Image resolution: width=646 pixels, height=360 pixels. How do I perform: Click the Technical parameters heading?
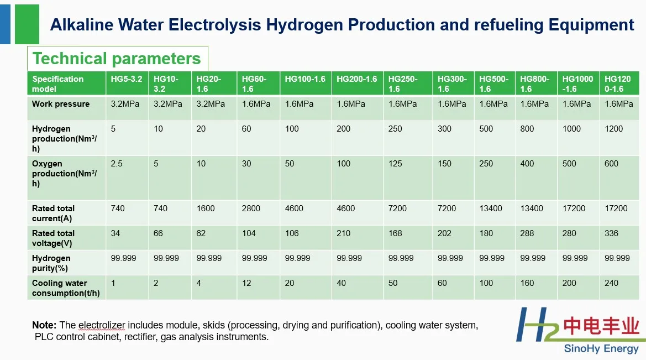click(x=117, y=59)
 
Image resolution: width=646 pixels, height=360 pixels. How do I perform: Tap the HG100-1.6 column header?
click(x=305, y=79)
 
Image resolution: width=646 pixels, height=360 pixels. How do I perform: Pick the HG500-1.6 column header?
click(x=493, y=84)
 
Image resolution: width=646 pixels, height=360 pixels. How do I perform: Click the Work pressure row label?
click(x=61, y=104)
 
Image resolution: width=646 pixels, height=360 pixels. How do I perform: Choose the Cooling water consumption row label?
click(x=66, y=288)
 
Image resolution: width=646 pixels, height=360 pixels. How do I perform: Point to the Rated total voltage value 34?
click(x=115, y=233)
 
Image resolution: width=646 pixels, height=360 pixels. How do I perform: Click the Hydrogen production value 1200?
click(x=614, y=129)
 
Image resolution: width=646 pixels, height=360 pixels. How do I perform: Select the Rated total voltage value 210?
click(x=344, y=233)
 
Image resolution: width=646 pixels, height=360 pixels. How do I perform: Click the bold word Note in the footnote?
click(x=44, y=325)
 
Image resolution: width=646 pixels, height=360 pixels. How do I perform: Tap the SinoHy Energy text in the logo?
click(x=601, y=349)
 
